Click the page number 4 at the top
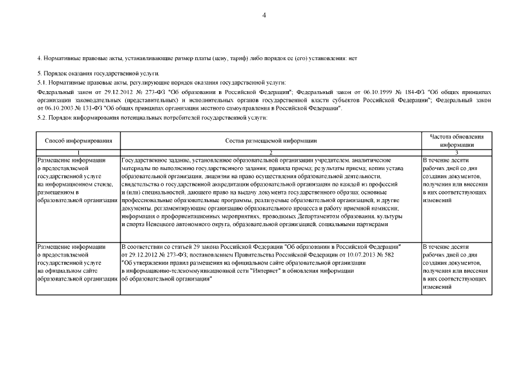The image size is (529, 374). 264,15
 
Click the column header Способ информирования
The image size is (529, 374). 78,141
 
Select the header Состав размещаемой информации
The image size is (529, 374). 271,141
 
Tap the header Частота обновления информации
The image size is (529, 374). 457,140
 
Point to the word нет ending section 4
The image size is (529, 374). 352,58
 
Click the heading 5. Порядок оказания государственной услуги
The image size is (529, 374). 81,75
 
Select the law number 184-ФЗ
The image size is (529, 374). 412,92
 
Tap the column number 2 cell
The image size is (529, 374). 271,151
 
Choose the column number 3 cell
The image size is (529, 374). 457,151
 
